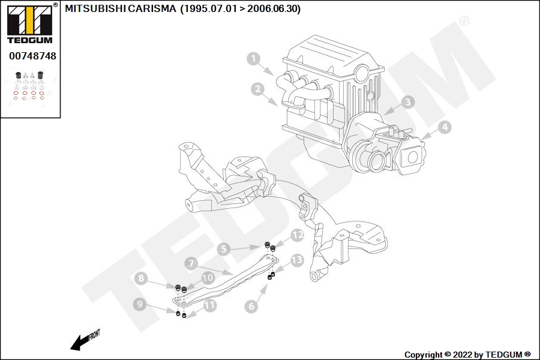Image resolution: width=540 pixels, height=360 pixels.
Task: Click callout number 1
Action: coord(253,59)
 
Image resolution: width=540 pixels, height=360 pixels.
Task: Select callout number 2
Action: coord(257,89)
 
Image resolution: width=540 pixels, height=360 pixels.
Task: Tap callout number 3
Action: coord(408,102)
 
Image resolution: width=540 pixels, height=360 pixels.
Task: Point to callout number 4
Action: coord(444,127)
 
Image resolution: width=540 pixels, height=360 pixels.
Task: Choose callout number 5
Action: coord(223,248)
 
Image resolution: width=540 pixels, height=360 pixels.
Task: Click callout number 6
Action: coord(251,306)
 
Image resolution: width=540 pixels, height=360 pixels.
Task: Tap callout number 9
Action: coord(139,304)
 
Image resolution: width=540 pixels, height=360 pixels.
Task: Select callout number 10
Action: coord(208,278)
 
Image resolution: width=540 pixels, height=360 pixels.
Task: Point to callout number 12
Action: coord(298,235)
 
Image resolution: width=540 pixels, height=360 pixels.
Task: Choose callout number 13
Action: coord(297,260)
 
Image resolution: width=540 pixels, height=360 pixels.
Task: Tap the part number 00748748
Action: coord(32,56)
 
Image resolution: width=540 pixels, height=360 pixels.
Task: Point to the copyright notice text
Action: coord(467,355)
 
